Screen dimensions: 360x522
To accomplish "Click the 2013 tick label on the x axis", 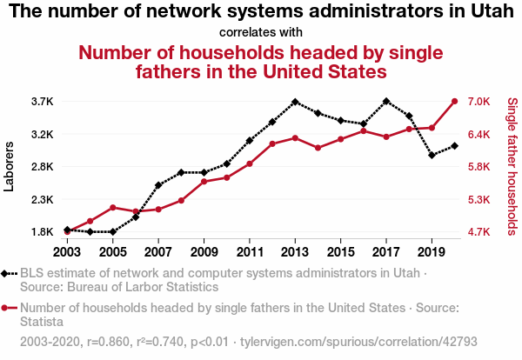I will point(295,252).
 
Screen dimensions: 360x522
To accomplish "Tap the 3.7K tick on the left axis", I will point(43,102).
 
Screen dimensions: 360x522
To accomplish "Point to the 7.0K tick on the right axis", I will point(481,102).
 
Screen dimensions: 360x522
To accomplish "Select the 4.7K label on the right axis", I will point(481,232).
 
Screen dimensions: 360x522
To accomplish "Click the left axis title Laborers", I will point(10,167).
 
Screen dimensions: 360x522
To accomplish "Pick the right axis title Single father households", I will point(512,167).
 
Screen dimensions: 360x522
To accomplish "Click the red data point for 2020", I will point(454,102).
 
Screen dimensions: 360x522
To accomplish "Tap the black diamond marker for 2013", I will point(295,102).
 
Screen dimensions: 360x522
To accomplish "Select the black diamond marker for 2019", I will point(432,156).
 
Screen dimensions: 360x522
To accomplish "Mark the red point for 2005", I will point(113,208).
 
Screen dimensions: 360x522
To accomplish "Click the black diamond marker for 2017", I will point(386,102).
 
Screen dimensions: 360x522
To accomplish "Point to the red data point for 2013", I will point(295,138).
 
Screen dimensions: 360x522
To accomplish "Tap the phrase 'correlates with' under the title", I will point(261,33).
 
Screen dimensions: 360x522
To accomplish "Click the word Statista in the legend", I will point(43,322).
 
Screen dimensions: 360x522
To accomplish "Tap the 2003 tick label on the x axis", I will point(68,252).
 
